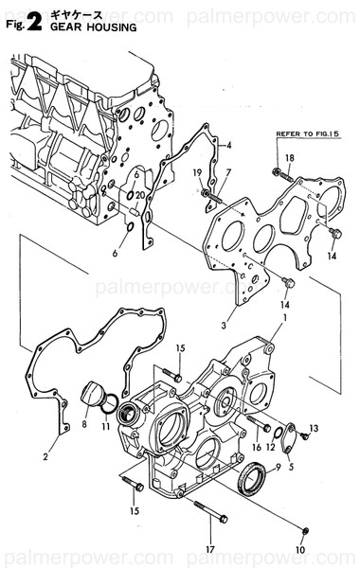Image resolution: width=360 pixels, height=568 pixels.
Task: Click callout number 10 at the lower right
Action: click(301, 551)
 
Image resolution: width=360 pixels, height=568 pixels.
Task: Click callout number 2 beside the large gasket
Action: click(45, 457)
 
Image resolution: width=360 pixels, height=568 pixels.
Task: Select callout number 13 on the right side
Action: click(315, 429)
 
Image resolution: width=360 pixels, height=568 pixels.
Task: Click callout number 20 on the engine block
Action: click(139, 195)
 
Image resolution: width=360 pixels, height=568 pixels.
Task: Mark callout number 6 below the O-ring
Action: click(116, 254)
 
